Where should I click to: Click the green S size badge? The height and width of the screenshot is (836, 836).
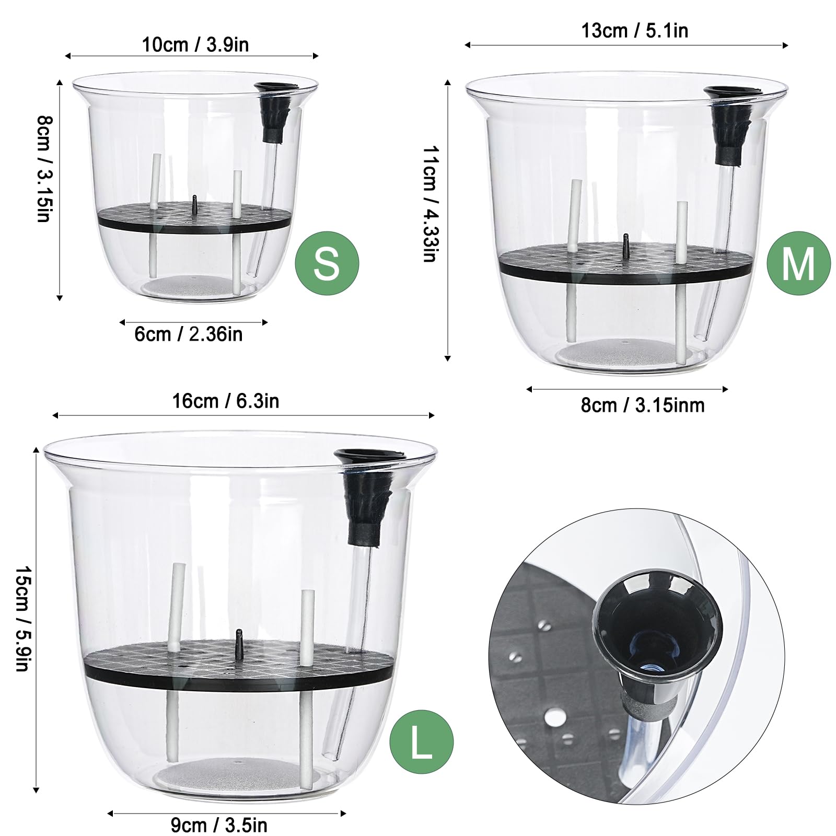327,263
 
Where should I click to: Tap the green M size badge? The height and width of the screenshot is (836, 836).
798,263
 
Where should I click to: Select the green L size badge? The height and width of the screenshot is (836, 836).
421,742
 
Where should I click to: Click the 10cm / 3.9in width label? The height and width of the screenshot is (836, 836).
195,44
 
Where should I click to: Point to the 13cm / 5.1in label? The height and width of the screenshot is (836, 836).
634,30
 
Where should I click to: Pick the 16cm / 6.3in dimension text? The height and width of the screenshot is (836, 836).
226,401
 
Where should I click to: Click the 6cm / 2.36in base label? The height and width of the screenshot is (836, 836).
189,334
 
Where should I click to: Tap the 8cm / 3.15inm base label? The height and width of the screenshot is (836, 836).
643,405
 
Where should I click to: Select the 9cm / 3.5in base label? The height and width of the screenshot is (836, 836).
219,826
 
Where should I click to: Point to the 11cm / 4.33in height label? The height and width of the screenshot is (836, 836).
431,204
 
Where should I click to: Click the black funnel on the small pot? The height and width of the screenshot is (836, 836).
274,112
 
